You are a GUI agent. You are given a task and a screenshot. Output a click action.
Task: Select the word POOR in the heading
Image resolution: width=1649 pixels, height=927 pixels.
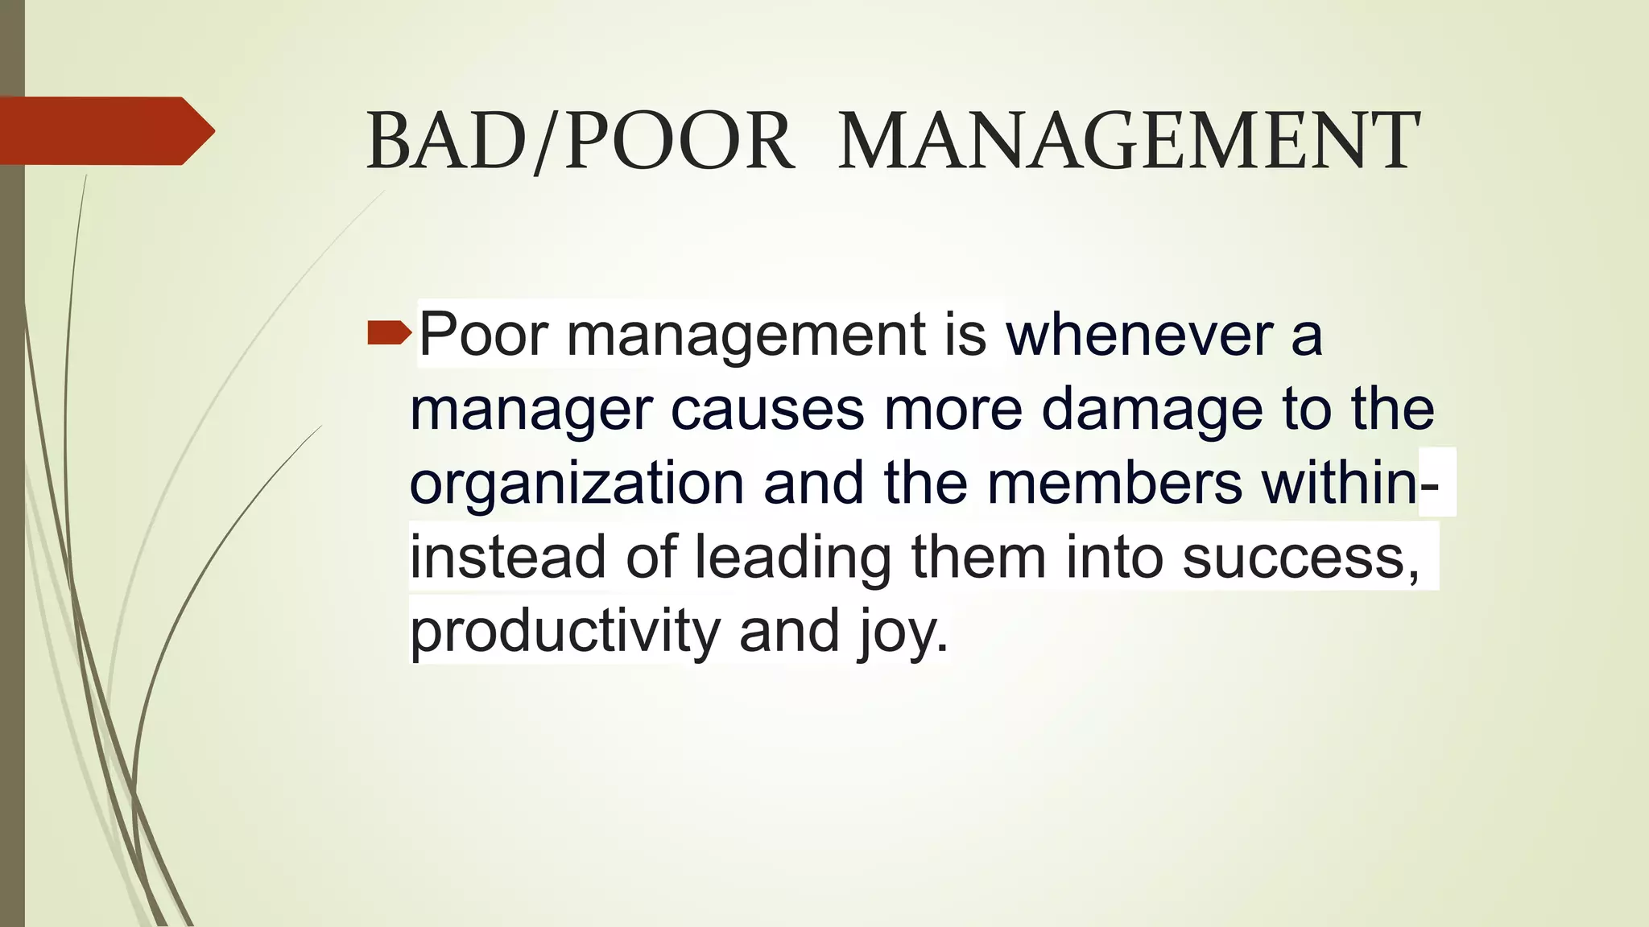click(x=679, y=142)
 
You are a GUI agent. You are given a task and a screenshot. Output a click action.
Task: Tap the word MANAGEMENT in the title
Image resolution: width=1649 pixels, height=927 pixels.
click(x=1129, y=142)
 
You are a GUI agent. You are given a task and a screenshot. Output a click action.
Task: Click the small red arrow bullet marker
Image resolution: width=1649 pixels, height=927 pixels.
click(x=389, y=332)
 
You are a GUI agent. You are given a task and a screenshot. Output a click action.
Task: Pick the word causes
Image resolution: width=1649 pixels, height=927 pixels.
click(x=767, y=409)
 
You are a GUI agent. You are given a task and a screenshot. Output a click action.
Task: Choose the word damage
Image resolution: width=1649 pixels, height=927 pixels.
click(x=1152, y=409)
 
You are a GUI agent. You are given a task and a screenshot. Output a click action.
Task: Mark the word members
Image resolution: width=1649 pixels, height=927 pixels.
click(x=1114, y=483)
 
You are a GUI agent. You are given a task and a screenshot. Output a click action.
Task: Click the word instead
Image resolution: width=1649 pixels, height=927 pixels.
click(x=507, y=557)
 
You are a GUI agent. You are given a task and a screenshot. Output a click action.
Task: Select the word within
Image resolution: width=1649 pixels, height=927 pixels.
click(x=1339, y=483)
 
